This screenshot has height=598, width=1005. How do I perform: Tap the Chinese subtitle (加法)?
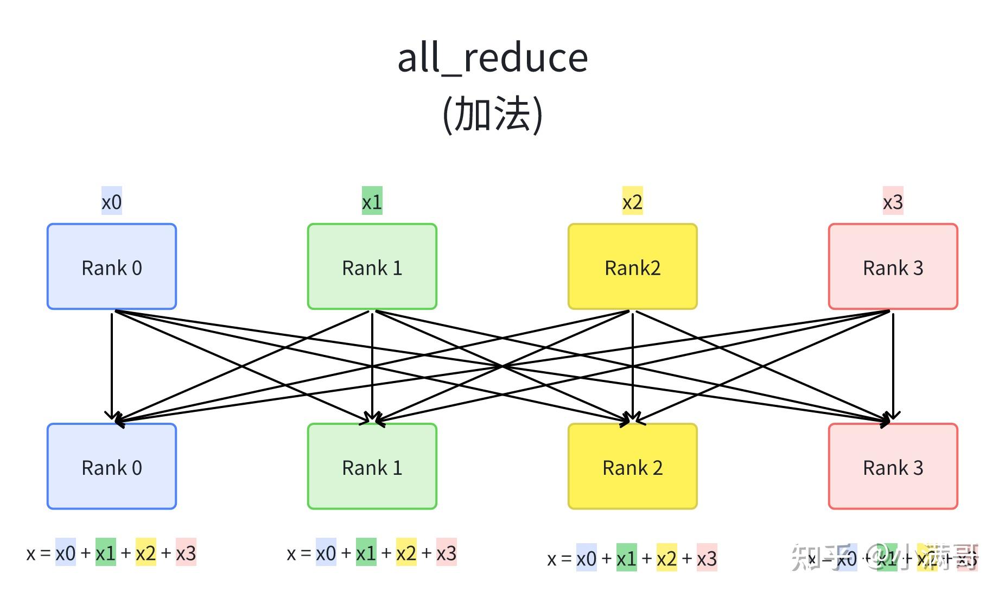493,114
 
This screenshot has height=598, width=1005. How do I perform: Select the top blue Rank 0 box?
112,266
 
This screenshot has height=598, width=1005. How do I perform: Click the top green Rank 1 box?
372,266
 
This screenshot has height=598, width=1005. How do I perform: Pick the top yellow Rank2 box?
633,266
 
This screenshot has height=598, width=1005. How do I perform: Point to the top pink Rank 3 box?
893,266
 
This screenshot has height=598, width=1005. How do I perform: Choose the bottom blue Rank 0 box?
112,466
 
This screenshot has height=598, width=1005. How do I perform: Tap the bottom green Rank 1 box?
372,466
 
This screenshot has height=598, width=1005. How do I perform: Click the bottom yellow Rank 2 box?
633,466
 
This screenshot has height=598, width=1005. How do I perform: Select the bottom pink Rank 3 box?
893,466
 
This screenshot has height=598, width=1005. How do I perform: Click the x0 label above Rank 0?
112,202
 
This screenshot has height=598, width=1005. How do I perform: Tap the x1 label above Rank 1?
372,202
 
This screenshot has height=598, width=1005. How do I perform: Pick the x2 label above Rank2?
633,202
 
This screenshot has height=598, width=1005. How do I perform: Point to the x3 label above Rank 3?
893,202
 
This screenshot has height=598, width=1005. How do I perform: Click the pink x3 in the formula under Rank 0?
186,552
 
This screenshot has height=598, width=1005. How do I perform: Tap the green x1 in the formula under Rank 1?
366,552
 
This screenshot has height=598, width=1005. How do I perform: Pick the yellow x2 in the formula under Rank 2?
666,558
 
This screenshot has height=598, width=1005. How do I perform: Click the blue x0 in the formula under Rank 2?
586,558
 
